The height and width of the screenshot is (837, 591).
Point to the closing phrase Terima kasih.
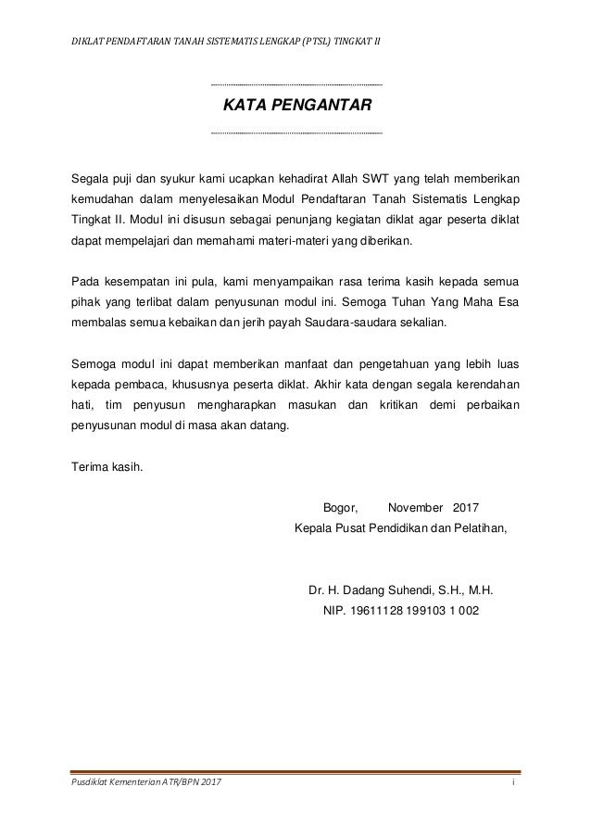pos(107,467)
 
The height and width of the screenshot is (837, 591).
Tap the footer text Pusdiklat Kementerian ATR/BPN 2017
pos(146,786)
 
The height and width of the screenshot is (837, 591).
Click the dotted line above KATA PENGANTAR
pos(296,85)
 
